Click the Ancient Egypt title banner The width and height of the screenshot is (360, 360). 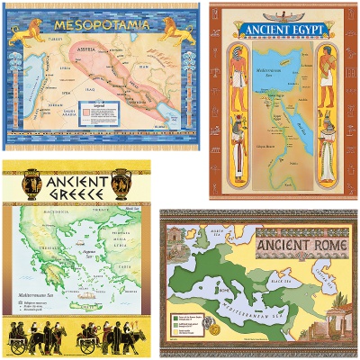282,28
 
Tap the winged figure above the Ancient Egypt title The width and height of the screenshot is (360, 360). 282,14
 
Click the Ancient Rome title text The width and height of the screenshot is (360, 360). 296,246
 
